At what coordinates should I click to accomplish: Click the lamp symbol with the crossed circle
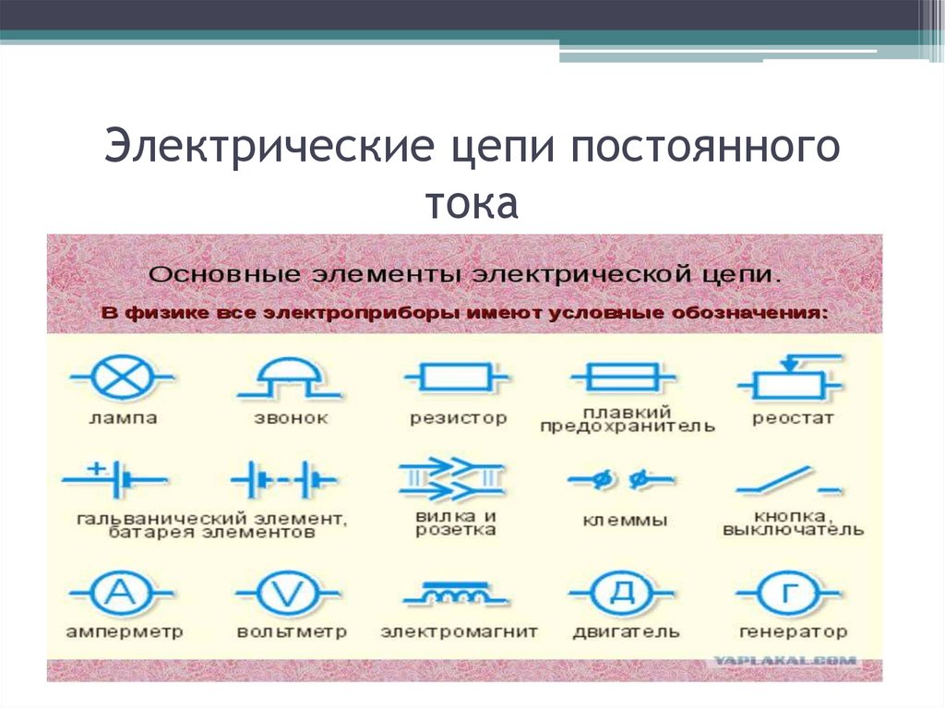click(x=117, y=378)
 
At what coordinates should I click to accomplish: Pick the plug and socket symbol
click(x=451, y=478)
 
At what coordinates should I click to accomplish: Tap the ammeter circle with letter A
click(x=119, y=593)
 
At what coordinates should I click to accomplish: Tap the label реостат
click(x=793, y=418)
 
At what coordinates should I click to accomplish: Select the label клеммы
click(x=625, y=521)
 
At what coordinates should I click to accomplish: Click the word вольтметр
click(x=291, y=632)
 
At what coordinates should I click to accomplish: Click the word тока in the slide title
click(x=472, y=202)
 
